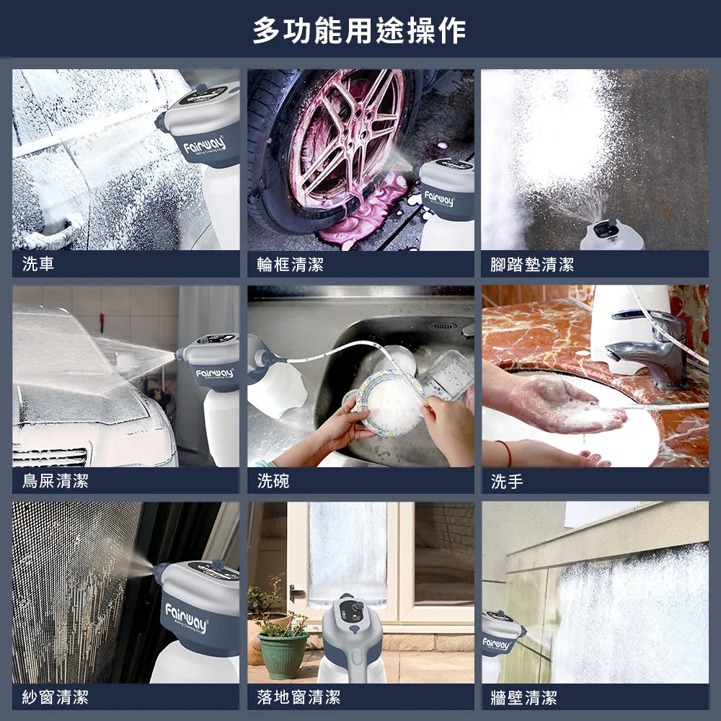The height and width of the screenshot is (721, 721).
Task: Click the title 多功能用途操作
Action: coord(359,30)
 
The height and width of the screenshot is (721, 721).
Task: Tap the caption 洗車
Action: coord(38,264)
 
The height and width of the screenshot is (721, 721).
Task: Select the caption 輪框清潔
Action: coord(290,265)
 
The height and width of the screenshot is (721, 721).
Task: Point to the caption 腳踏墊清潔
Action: coord(532,265)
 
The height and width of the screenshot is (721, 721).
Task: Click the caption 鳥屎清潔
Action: coord(56,481)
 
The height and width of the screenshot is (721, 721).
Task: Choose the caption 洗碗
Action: coord(273,481)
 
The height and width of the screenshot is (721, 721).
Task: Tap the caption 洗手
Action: coord(507,482)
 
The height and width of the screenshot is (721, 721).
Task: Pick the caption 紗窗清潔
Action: coord(56,697)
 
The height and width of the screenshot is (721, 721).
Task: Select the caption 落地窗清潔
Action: coord(299,697)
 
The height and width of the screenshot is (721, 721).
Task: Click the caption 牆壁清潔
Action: coord(523,697)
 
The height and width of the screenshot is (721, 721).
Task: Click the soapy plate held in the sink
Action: coord(391,403)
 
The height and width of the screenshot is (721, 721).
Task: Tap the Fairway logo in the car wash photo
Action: coord(204,146)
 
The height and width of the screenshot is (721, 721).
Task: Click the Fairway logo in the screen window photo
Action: coord(187,618)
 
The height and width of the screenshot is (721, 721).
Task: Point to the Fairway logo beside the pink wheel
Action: coord(439,199)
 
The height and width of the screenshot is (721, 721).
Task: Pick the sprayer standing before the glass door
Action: coord(351,639)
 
